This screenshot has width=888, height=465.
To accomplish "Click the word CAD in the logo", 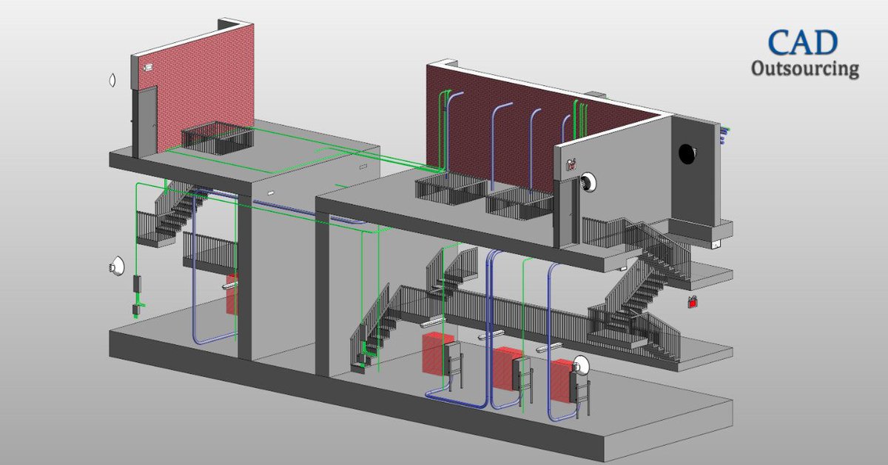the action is tap(802, 42).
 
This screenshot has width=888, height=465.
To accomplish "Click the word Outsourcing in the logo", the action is tap(805, 69).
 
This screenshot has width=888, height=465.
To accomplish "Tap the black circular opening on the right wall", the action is tap(687, 154).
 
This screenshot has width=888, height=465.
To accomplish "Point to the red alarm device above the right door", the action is tap(571, 164).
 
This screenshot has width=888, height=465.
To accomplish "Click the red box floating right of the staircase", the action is tap(693, 303).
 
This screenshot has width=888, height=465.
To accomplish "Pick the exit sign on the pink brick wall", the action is tap(148, 68).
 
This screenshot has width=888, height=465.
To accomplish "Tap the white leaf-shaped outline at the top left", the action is tap(112, 80).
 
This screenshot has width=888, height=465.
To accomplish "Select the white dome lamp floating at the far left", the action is tap(117, 267).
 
